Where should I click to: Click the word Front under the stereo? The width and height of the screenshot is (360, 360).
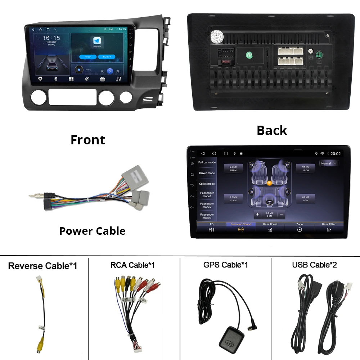88,140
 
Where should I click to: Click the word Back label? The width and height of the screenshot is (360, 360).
272,130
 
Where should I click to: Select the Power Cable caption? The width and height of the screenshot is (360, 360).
92,231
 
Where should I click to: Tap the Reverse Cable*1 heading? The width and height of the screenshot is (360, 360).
42,266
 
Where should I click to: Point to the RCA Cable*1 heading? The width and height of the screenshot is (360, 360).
132,265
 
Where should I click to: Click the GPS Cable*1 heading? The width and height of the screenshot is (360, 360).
225,265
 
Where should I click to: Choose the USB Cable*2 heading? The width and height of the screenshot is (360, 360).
314,265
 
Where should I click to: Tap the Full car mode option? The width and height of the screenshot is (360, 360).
207,162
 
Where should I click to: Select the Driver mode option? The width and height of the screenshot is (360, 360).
207,173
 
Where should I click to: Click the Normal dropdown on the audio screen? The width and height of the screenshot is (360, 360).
329,163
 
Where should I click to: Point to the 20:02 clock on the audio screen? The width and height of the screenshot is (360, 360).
336,154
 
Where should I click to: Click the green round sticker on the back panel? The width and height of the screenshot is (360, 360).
249,55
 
